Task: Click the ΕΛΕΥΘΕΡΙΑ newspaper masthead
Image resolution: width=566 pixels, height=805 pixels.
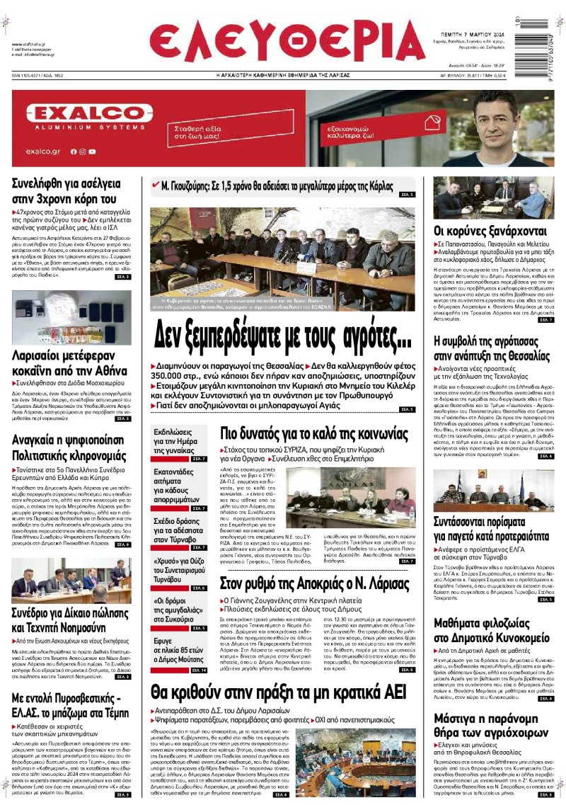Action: (x=287, y=43)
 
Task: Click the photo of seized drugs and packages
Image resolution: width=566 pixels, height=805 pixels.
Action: (x=71, y=317)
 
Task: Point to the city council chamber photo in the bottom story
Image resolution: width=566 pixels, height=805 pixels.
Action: (x=366, y=761)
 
